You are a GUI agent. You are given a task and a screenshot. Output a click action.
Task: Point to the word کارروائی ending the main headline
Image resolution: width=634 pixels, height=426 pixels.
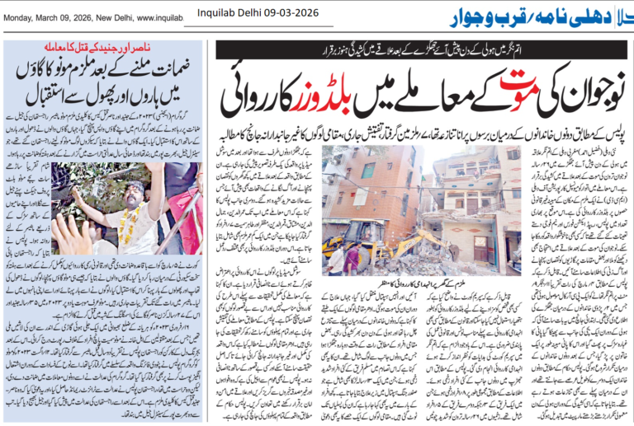click(x=253, y=94)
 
